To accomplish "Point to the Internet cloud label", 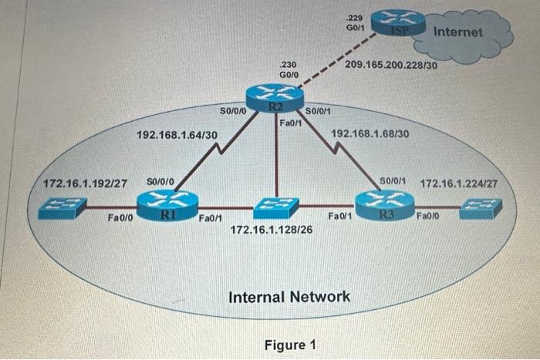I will point(458,32).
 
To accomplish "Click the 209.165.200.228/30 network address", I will point(391,66).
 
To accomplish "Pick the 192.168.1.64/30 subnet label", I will point(177,135).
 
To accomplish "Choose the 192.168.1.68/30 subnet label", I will point(370,133).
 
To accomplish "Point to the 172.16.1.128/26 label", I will point(272,229).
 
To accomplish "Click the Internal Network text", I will point(289,296).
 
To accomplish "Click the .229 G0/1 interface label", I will point(356,22).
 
